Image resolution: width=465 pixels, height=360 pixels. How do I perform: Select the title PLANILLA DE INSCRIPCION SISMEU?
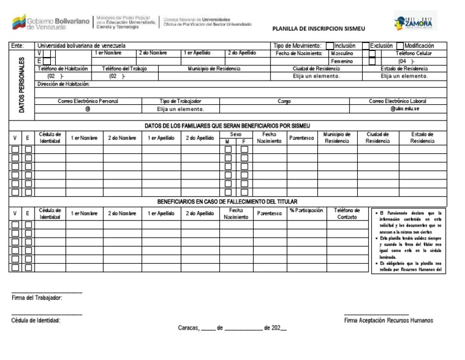click(319, 28)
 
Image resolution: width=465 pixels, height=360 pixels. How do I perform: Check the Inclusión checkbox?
click(330, 45)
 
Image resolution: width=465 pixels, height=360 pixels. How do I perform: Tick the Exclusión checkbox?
click(366, 45)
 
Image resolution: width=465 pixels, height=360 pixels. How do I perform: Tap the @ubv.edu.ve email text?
click(405, 109)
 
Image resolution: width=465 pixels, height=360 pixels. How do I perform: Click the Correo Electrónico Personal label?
click(88, 101)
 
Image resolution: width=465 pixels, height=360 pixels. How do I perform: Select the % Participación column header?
click(306, 210)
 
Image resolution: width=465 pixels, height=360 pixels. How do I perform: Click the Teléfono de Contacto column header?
click(346, 213)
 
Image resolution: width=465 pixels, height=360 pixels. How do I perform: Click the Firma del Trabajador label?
click(37, 298)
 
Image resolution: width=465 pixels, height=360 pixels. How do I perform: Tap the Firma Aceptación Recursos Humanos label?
click(388, 320)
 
